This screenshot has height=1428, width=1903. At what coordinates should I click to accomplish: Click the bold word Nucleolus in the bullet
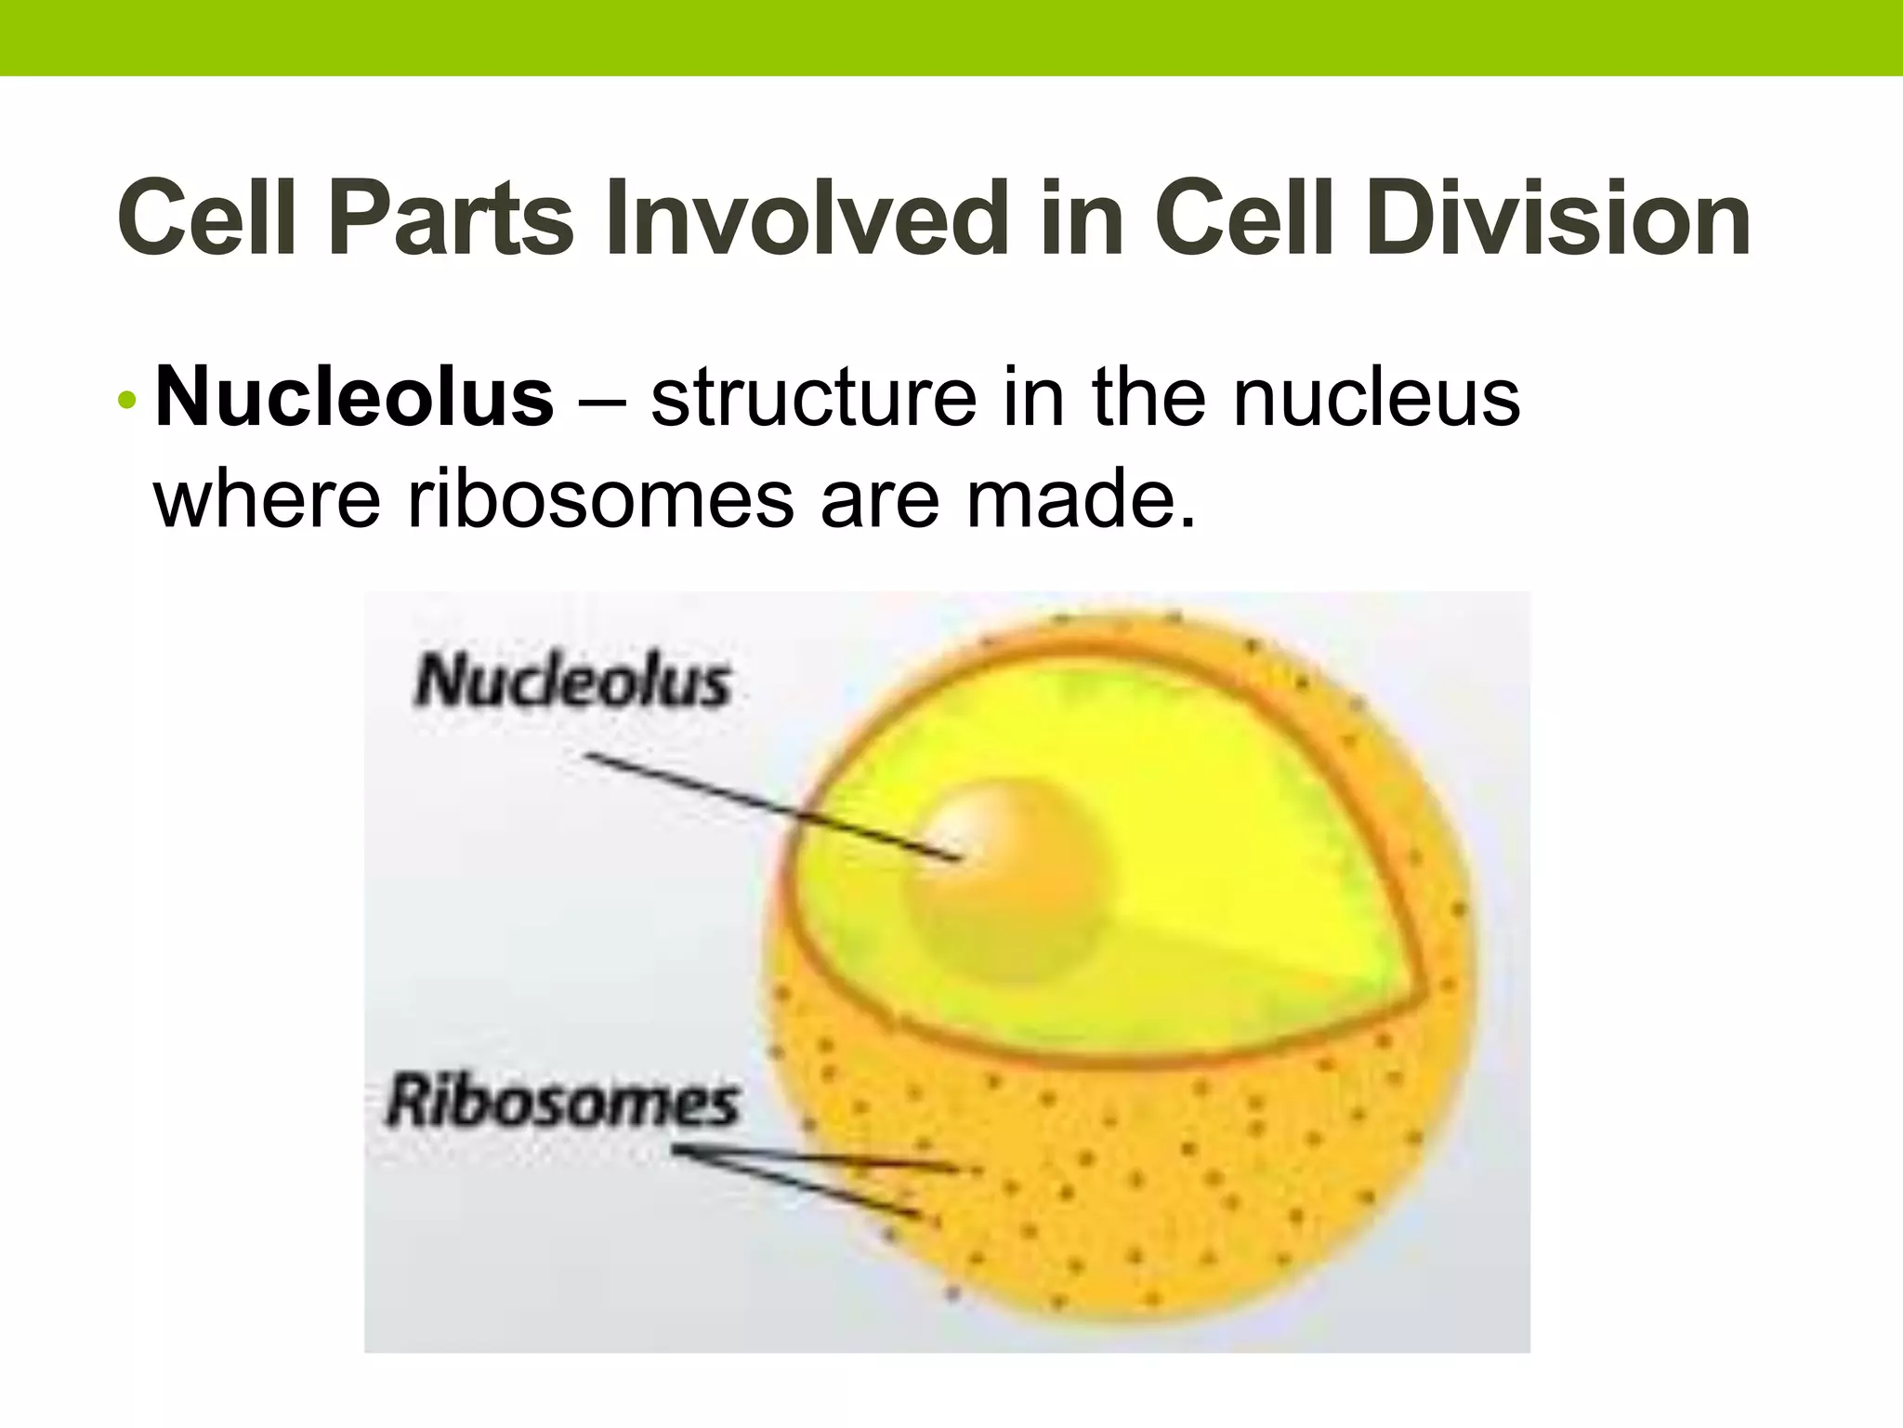[x=354, y=399]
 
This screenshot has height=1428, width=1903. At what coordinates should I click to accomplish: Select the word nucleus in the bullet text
[x=1376, y=399]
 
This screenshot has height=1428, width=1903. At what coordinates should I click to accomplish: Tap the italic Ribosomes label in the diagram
[x=563, y=1103]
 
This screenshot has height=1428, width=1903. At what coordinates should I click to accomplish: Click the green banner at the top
[x=951, y=37]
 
